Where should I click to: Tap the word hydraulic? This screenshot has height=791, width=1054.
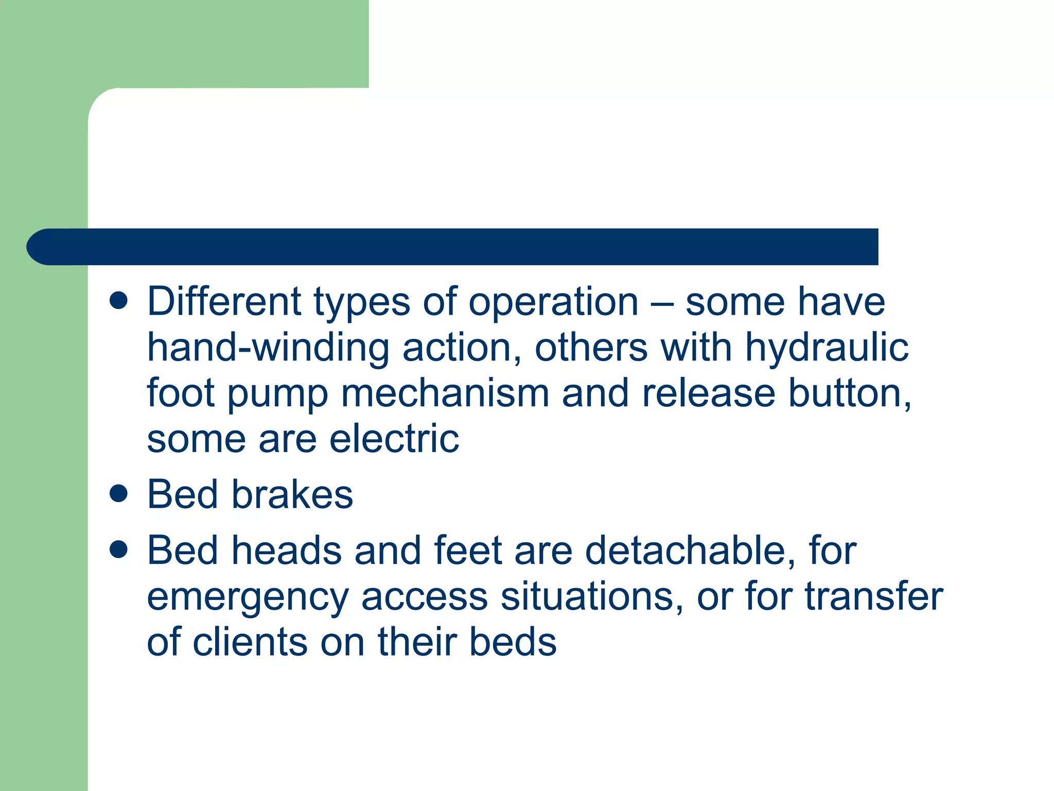point(827,348)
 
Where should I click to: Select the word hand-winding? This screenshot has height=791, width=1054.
point(268,348)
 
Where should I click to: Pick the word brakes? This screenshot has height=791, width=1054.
point(292,495)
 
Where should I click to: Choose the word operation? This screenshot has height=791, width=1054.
point(553,303)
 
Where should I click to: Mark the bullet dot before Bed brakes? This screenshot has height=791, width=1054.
point(118,493)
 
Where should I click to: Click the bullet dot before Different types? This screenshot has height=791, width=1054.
point(118,301)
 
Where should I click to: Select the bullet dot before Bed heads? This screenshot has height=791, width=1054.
point(118,549)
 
